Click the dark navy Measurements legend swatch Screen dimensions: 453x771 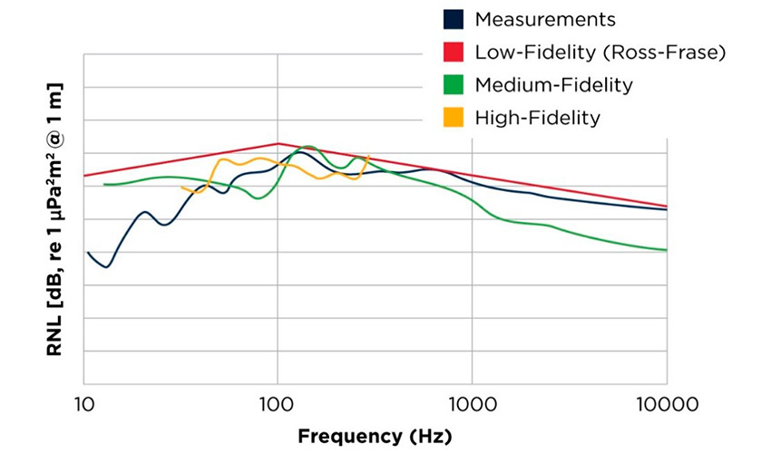(454, 19)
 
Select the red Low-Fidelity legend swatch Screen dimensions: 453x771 (454, 52)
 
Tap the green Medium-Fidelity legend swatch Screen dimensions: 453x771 (454, 84)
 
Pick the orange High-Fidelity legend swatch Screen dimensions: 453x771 (454, 117)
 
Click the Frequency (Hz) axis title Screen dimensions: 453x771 (375, 436)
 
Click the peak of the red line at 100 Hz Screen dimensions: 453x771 (278, 143)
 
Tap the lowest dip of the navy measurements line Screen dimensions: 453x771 (107, 267)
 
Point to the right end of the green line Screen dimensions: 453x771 (667, 250)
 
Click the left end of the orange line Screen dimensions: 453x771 (182, 188)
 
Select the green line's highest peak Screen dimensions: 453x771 (307, 146)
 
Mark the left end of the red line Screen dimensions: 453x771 (84, 176)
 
